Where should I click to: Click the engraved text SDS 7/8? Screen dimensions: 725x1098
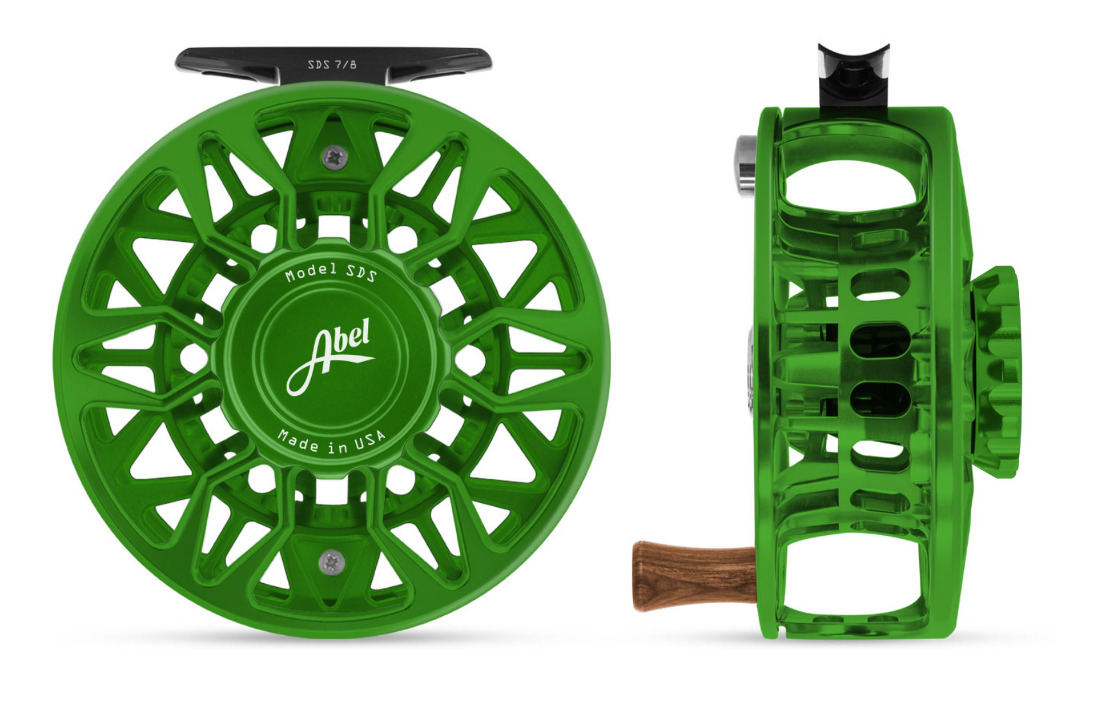point(332,65)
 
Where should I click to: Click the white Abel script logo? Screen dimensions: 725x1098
point(330,355)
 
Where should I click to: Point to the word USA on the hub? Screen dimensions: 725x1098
point(371,441)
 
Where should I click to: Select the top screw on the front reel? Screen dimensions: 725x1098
point(334,157)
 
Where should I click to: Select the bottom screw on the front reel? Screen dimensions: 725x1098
point(332,562)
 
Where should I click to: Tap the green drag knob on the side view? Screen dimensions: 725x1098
point(996,371)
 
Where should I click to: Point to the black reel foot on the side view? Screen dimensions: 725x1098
point(853,77)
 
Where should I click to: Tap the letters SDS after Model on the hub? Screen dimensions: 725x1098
point(361,273)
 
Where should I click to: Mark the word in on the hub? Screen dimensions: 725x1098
point(337,447)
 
